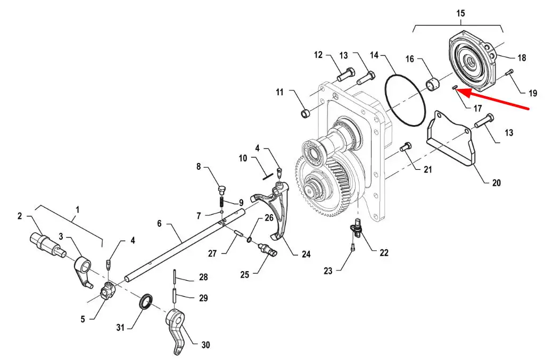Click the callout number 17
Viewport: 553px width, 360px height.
[x=477, y=108]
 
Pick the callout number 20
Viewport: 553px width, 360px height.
[x=496, y=183]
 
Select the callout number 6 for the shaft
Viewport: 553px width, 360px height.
[x=160, y=224]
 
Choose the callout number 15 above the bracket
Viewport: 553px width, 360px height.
[x=460, y=13]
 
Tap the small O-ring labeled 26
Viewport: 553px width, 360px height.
[x=249, y=240]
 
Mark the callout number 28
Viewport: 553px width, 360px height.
[x=203, y=277]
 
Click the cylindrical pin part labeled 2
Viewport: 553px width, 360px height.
[x=47, y=243]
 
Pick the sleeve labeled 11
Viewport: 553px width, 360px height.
[x=306, y=113]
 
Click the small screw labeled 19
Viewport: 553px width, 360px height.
[x=509, y=73]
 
